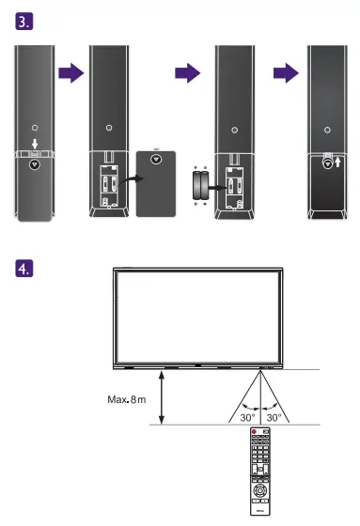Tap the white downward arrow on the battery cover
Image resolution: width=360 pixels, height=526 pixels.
[35, 145]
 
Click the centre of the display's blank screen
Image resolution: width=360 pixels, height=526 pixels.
[196, 316]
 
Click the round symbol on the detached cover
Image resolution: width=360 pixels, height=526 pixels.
[156, 159]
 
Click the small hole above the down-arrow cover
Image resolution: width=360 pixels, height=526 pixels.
[35, 126]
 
